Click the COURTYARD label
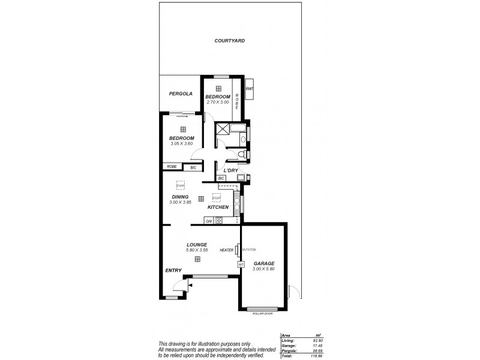click(x=230, y=41)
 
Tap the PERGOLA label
click(x=180, y=94)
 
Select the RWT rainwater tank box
click(x=250, y=88)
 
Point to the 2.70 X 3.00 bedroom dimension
click(x=218, y=102)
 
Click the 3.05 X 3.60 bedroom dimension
click(x=182, y=143)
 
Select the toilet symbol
click(x=242, y=155)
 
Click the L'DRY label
click(x=232, y=170)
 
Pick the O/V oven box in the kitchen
click(x=209, y=221)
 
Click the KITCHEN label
click(x=218, y=207)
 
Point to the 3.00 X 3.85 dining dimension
click(x=180, y=202)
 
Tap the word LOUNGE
click(x=197, y=244)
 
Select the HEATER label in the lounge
click(x=226, y=250)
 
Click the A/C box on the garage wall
click(x=241, y=264)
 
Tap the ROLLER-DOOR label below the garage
click(x=263, y=313)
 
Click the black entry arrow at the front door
click(x=190, y=286)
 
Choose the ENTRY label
click(x=173, y=271)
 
